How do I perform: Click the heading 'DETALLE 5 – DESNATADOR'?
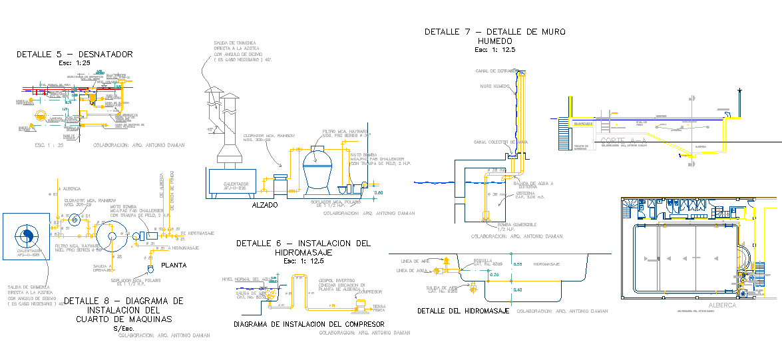[75, 55]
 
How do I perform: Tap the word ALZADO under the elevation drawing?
[265, 206]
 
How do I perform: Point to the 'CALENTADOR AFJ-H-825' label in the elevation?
[236, 186]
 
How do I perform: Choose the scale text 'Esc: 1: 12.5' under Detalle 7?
[494, 50]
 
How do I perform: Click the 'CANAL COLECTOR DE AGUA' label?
[500, 142]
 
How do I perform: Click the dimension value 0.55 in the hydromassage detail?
[519, 264]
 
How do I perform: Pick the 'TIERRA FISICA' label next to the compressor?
[378, 307]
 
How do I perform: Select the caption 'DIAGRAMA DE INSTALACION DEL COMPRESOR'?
[309, 325]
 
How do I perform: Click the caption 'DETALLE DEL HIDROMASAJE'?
[463, 311]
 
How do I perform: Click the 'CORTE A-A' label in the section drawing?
[624, 141]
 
